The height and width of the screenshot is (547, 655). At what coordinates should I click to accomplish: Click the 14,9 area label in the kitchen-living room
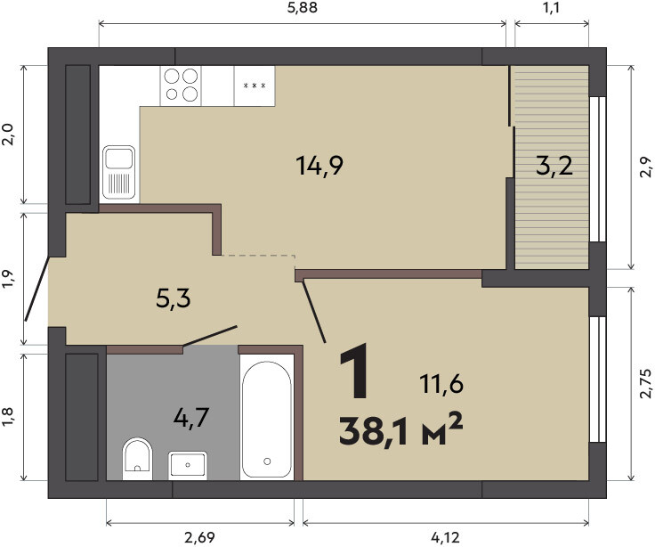319,166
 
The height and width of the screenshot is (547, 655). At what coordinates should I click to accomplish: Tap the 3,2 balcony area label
554,166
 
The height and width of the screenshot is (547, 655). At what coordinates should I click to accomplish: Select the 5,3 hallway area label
173,298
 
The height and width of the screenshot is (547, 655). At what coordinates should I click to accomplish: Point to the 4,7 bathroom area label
191,417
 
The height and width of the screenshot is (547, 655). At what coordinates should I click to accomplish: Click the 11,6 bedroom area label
441,384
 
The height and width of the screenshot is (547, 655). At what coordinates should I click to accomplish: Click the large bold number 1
354,370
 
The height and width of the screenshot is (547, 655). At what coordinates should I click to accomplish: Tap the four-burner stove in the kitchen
181,86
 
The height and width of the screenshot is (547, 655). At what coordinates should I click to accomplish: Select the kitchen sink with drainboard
119,172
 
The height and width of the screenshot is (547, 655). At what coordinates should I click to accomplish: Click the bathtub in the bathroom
267,417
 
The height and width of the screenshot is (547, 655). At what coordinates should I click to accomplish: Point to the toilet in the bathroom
137,459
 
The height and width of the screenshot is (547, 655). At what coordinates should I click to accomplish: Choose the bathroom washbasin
188,465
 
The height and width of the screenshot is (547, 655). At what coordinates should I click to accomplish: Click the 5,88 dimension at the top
303,8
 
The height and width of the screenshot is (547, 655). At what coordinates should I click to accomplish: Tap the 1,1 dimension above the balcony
552,8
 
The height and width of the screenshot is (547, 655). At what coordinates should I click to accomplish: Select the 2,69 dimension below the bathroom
199,537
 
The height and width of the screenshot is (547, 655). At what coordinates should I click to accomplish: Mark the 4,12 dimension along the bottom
445,537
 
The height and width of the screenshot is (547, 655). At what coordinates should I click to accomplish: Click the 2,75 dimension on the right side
646,383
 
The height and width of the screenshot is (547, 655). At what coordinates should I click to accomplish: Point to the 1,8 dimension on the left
8,417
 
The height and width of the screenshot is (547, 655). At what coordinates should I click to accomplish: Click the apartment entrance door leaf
37,289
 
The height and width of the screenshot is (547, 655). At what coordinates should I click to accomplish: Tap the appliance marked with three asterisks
255,86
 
